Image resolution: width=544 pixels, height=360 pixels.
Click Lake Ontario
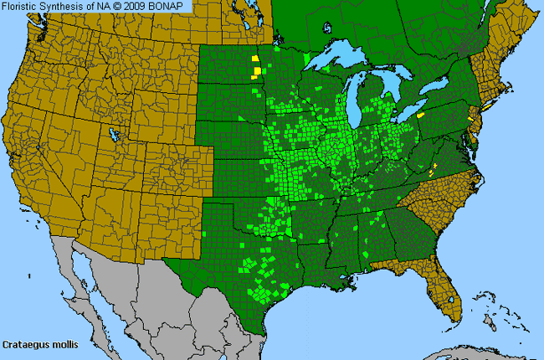coord(442,94)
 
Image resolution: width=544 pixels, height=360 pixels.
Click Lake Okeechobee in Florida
coord(452,292)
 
